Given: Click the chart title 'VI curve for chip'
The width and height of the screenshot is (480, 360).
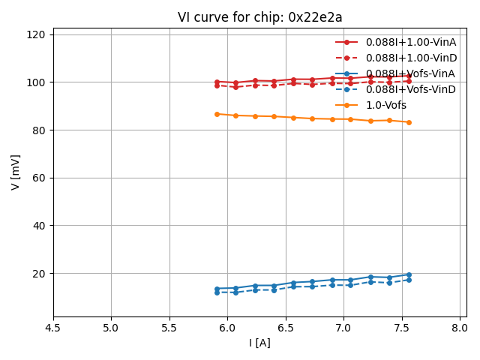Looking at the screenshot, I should (x=259, y=17).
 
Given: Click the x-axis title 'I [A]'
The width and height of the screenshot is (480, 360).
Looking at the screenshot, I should (x=259, y=343).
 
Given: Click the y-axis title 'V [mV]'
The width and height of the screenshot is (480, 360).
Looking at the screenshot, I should (x=16, y=172).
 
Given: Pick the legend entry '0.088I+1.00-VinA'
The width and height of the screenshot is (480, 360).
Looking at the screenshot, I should (x=410, y=43).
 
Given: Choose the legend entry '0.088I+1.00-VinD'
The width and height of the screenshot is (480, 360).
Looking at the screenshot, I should (x=410, y=58).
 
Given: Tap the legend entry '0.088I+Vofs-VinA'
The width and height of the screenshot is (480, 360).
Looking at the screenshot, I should (x=410, y=74).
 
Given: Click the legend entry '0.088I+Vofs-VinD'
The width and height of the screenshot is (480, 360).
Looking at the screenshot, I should (x=410, y=90).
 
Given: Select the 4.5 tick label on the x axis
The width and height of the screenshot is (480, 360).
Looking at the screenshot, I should (x=53, y=328).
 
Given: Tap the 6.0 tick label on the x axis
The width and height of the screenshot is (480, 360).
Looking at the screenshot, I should (x=227, y=328).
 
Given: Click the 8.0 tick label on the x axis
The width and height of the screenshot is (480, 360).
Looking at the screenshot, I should (x=460, y=328).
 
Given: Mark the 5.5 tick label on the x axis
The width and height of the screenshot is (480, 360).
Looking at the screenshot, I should (x=169, y=328).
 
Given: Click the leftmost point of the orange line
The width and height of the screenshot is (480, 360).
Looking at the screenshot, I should (x=217, y=114).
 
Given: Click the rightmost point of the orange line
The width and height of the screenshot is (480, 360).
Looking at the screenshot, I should (x=409, y=122).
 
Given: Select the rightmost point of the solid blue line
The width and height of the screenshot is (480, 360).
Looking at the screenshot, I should (x=409, y=274).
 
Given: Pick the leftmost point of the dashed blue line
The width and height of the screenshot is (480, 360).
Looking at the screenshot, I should (x=217, y=292).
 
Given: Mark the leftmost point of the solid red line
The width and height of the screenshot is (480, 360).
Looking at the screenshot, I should (x=217, y=82).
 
